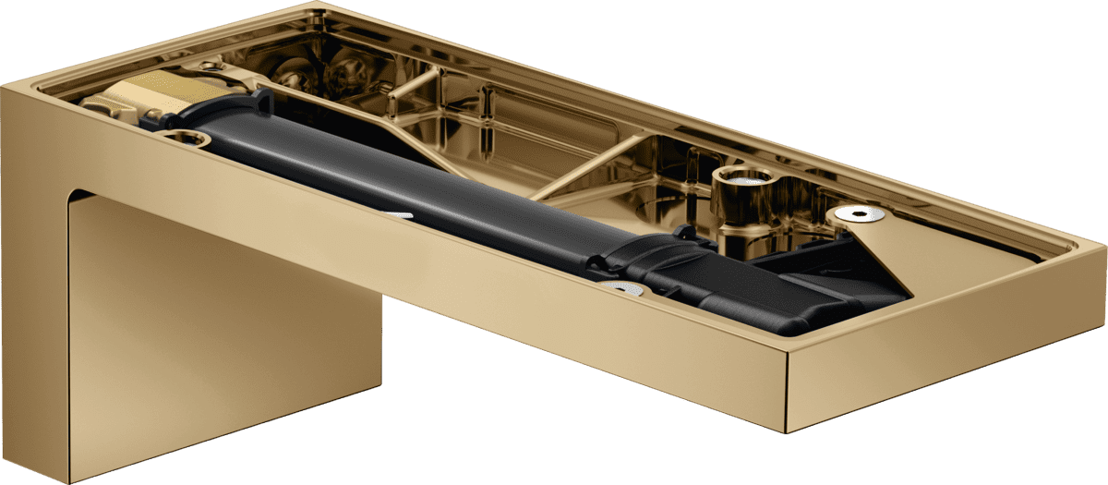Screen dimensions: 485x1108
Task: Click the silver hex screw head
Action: point(860,214)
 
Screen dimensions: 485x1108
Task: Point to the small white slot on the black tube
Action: point(399,215)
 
